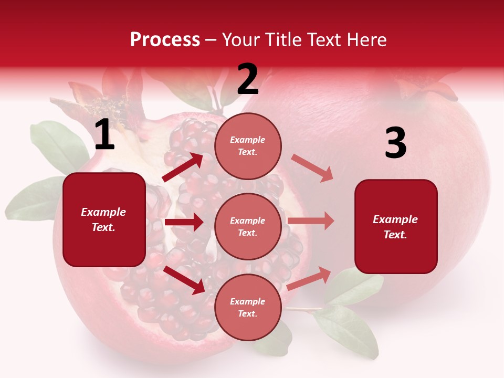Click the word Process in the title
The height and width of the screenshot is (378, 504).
tap(165, 40)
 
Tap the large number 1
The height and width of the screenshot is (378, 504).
tap(104, 135)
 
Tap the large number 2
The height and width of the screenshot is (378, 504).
tap(248, 80)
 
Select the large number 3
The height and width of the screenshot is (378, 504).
tap(395, 143)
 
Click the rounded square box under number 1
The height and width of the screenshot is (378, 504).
tap(104, 219)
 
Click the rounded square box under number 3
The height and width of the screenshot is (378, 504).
tap(396, 227)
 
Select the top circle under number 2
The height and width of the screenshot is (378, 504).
tap(248, 146)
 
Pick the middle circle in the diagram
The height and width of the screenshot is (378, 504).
tap(248, 227)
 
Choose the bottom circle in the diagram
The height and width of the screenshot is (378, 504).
tap(248, 308)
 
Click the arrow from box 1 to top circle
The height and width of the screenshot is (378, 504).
tap(183, 167)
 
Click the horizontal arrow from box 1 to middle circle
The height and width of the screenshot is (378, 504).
tap(184, 222)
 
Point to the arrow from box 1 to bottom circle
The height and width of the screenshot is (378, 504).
tap(184, 280)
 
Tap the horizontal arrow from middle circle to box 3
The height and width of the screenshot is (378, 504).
tap(311, 221)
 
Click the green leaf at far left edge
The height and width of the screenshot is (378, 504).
tap(31, 199)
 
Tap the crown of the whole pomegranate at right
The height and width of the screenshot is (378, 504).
tap(425, 87)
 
